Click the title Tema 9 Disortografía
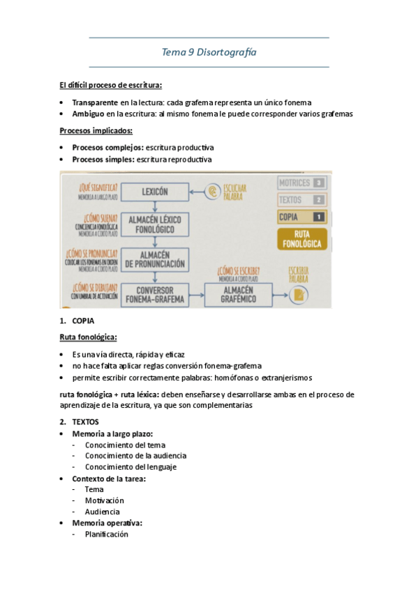pos(209,52)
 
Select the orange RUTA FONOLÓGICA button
pos(303,239)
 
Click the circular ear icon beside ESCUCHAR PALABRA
pos(214,191)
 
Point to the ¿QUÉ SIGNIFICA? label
pos(98,186)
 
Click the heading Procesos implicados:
pos(96,131)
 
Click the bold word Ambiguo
pos(89,114)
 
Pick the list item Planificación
pos(107,534)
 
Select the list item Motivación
pos(105,500)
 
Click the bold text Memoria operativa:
pos(107,523)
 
